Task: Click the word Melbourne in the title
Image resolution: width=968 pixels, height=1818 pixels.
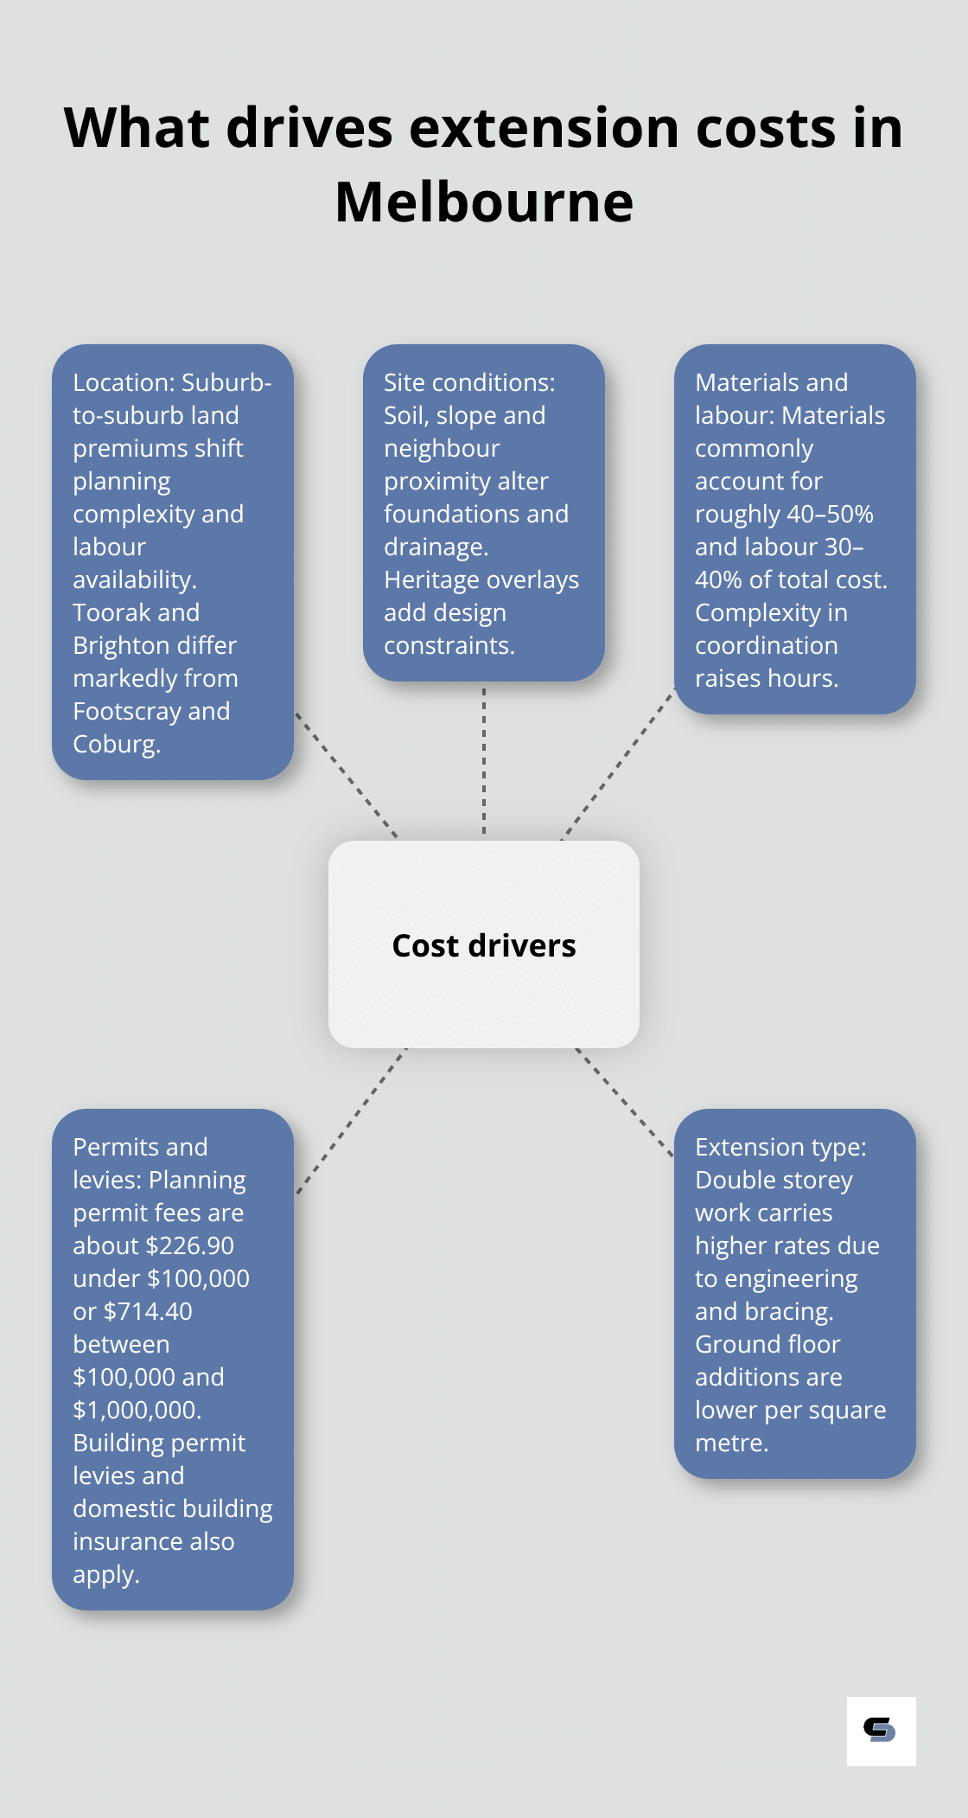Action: (x=484, y=202)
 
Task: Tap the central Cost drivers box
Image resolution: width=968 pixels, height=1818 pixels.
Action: (x=484, y=944)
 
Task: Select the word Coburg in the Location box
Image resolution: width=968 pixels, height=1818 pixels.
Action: (x=115, y=744)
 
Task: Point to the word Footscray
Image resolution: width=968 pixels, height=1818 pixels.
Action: (x=127, y=711)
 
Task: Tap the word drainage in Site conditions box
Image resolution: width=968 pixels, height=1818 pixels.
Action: (x=434, y=547)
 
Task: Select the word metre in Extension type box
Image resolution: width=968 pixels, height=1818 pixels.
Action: (x=729, y=1443)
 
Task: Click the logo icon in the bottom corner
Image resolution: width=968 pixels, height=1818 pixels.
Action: (x=881, y=1731)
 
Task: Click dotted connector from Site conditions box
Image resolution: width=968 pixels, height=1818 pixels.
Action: (x=484, y=761)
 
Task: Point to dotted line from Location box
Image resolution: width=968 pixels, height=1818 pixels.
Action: (x=346, y=775)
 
